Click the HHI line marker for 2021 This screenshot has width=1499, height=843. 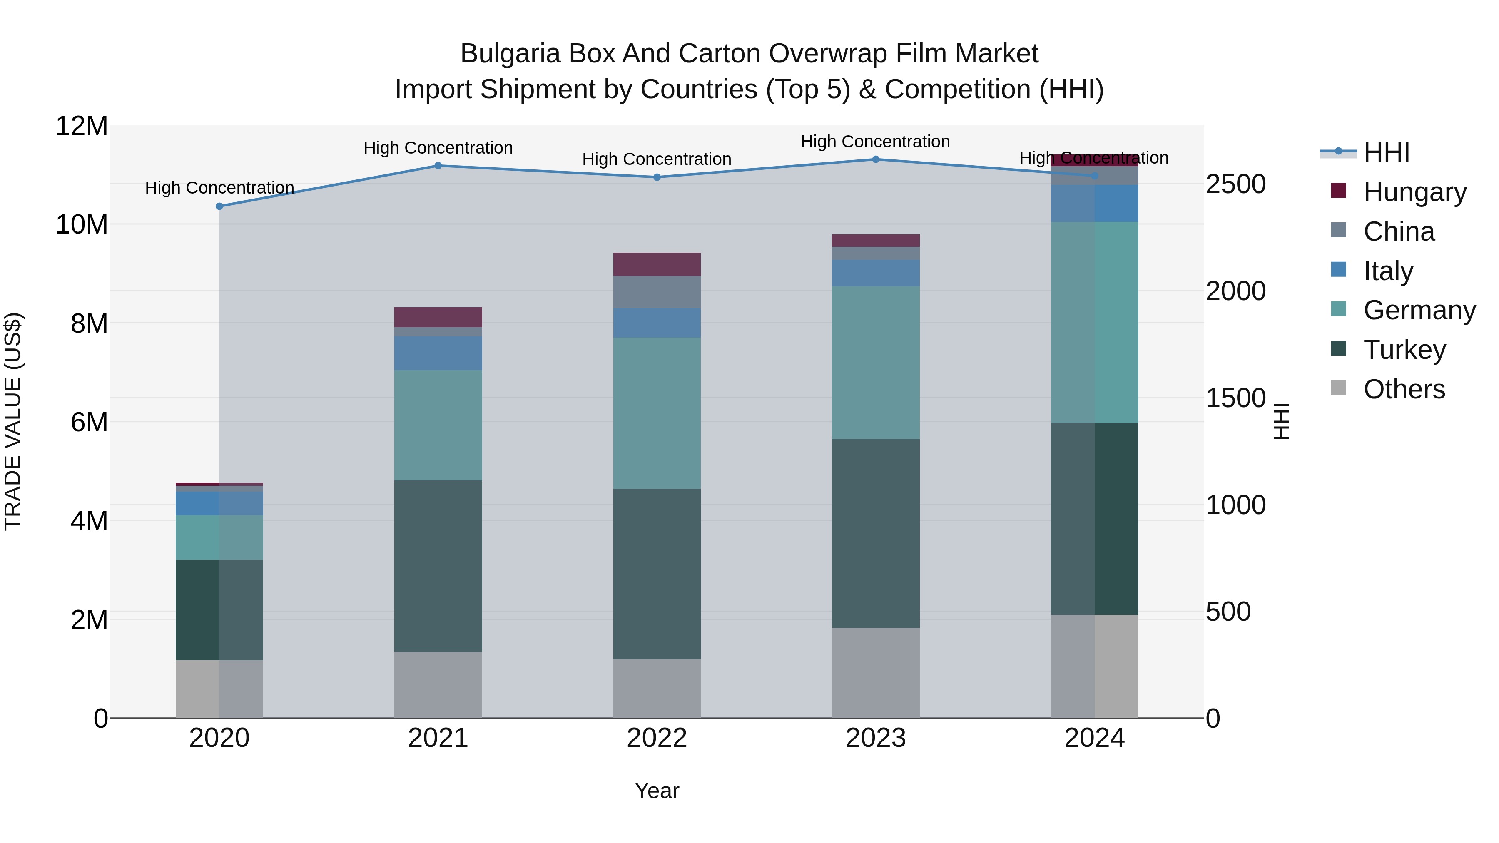point(438,166)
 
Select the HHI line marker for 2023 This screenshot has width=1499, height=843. point(876,159)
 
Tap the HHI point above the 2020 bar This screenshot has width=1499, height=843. point(219,206)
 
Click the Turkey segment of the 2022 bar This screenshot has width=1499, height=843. point(657,574)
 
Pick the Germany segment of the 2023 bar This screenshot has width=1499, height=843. point(876,363)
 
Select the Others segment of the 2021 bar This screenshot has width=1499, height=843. point(438,685)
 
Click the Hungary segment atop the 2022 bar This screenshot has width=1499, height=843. point(657,264)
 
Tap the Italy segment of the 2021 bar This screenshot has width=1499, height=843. point(438,353)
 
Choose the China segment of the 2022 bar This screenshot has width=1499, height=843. point(657,292)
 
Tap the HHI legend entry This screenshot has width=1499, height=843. point(1386,152)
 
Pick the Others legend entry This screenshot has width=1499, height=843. point(1404,389)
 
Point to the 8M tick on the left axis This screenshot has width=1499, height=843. point(89,323)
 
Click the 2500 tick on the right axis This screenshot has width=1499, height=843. point(1235,184)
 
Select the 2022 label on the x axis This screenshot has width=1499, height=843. point(657,738)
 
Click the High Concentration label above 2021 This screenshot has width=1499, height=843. point(438,148)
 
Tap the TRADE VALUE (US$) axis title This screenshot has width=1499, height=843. point(13,421)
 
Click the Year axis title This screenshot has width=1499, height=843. point(657,791)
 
